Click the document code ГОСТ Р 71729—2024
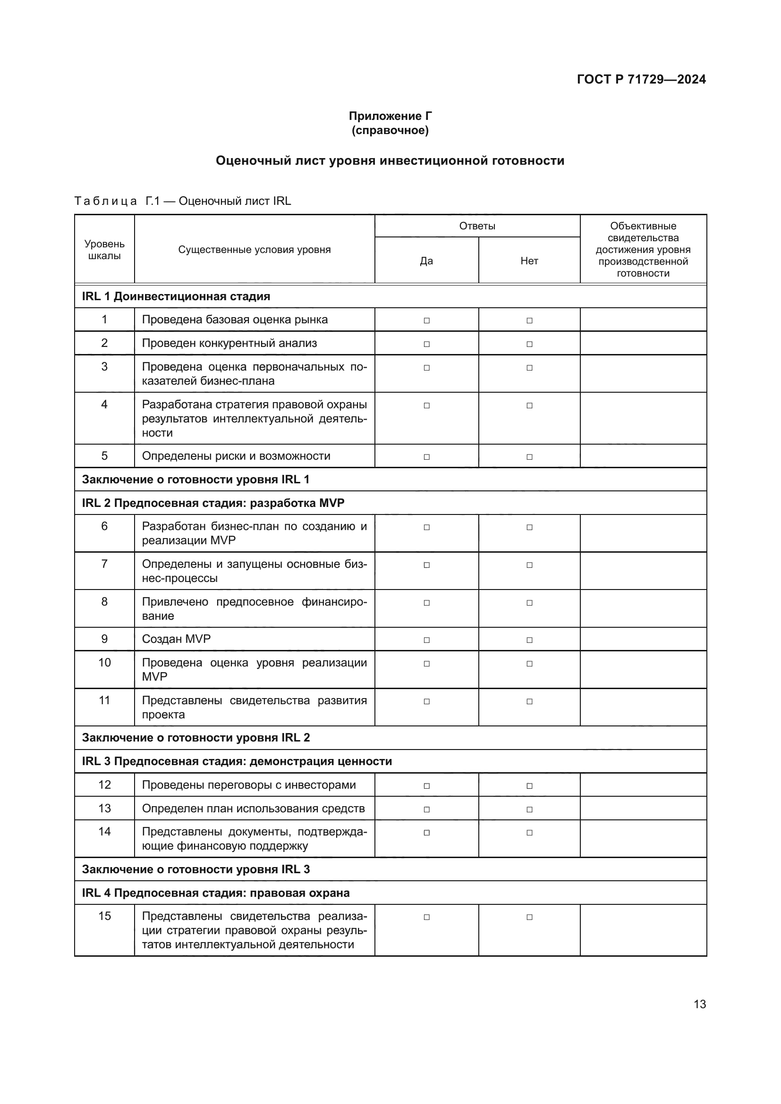tap(641, 79)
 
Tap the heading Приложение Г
tap(390, 116)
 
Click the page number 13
tap(700, 1004)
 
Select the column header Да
tap(426, 261)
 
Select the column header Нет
tap(529, 261)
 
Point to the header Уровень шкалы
tap(104, 250)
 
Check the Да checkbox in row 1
tap(426, 320)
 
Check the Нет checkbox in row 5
tap(529, 457)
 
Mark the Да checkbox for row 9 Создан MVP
tap(426, 640)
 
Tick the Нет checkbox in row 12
tap(529, 786)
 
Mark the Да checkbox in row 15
tap(426, 917)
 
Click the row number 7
tap(104, 564)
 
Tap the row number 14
tap(104, 831)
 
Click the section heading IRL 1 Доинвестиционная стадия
tap(176, 296)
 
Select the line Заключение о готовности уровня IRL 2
tap(196, 738)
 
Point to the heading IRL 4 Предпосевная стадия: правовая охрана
tap(215, 893)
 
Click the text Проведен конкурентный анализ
tap(229, 343)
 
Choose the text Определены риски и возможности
tap(236, 456)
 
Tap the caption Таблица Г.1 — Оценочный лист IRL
tap(183, 201)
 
